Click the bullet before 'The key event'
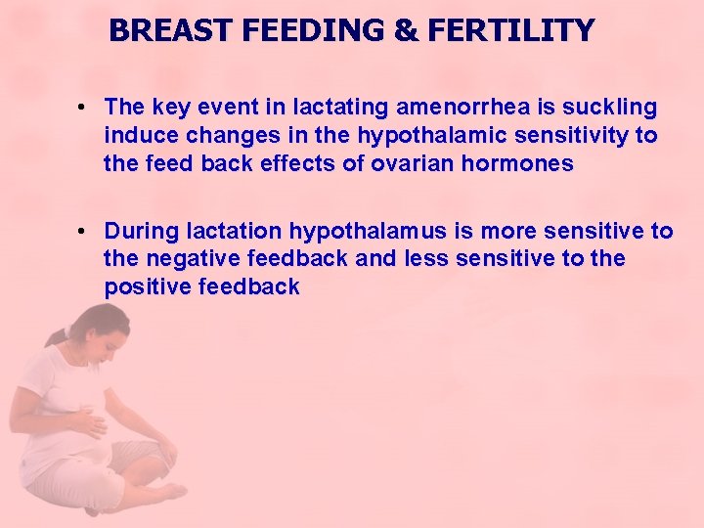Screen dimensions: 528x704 [86, 107]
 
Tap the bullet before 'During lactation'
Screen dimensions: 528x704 [86, 232]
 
